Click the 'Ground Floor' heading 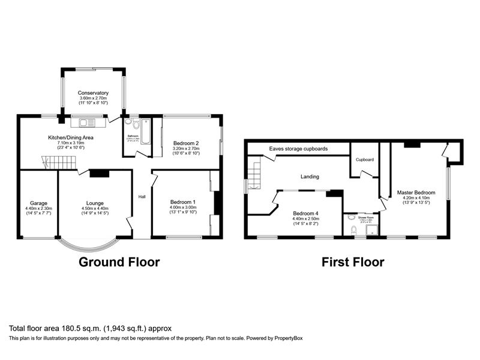tap(119, 262)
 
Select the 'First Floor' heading tap(353, 262)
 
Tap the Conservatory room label tap(93, 93)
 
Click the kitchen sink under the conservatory tap(88, 123)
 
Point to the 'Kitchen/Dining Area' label tap(71, 137)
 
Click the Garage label tap(37, 203)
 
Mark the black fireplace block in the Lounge tap(99, 173)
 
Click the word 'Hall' tap(142, 197)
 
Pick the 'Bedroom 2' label tap(186, 143)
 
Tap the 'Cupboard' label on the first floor tap(364, 160)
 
